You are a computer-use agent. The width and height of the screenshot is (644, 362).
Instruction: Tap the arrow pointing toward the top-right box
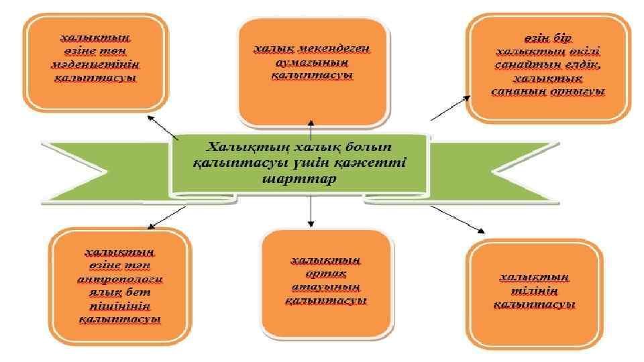coord(450,109)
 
